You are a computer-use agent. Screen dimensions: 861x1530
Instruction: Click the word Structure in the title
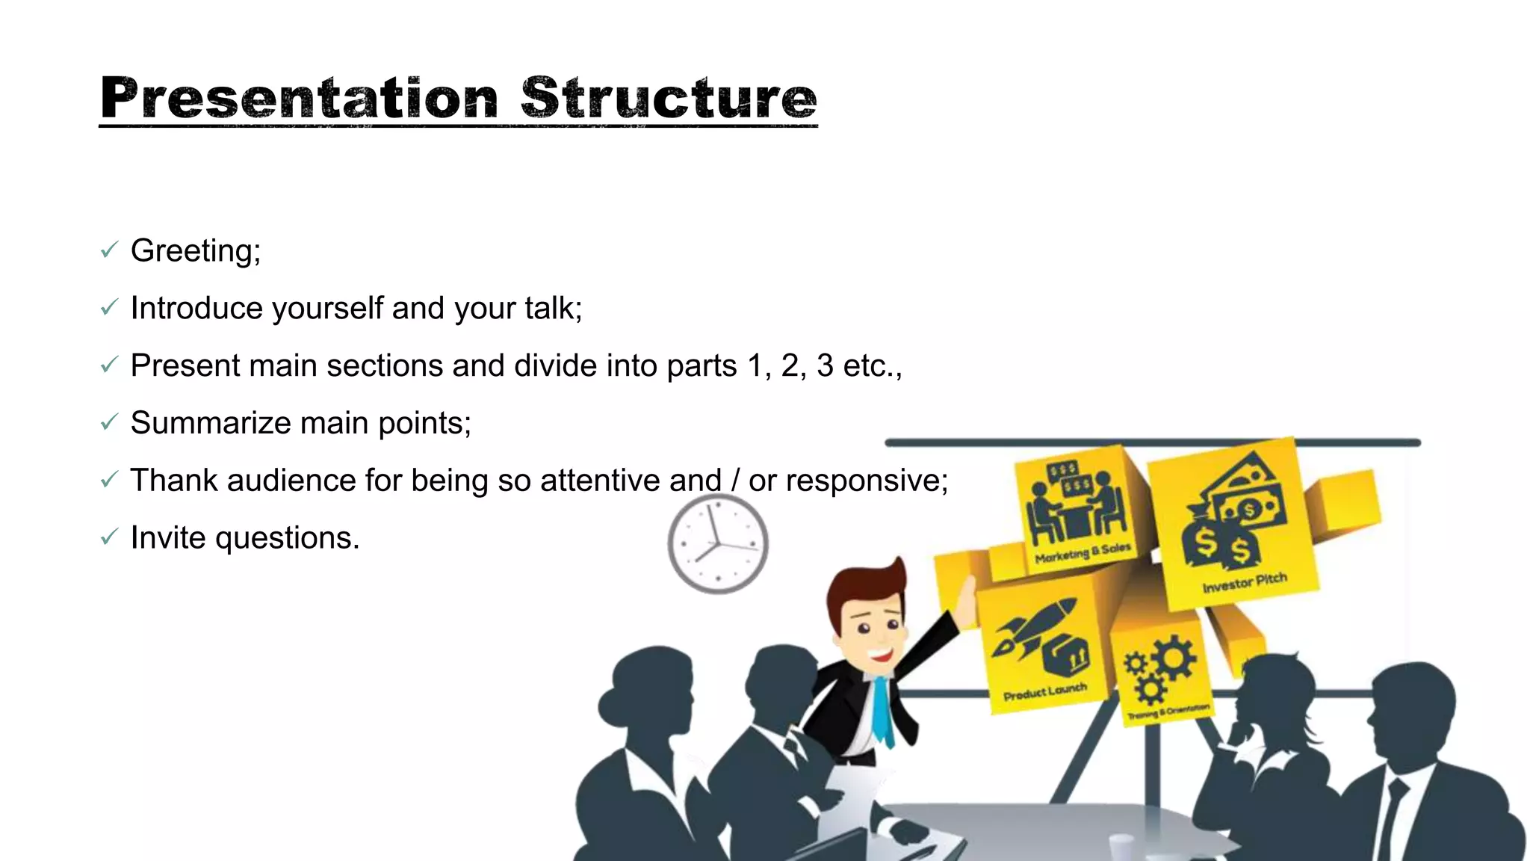(x=669, y=98)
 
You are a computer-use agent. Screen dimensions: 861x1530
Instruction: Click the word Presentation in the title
(x=299, y=98)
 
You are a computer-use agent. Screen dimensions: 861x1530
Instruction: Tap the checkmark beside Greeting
(x=109, y=250)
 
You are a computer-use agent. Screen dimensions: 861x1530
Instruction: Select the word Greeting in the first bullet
(x=195, y=251)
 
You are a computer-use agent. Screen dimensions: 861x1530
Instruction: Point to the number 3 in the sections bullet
(x=825, y=365)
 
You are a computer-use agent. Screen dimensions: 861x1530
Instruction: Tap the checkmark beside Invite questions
(x=109, y=537)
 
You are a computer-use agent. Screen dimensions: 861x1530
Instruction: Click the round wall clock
(x=718, y=544)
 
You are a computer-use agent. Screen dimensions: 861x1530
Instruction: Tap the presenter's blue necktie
(x=882, y=710)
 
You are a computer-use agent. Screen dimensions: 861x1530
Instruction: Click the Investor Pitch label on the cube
(x=1244, y=582)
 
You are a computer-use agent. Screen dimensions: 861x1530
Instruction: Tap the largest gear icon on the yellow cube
(x=1173, y=657)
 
